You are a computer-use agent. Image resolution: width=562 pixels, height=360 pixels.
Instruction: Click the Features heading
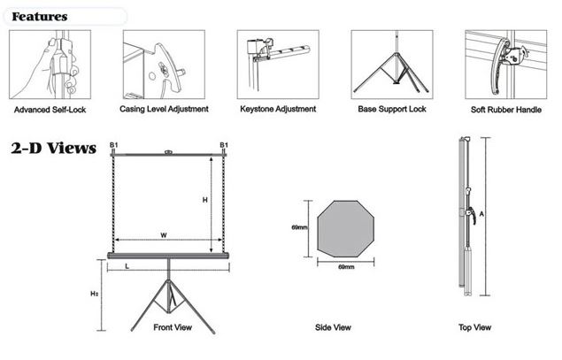[x=40, y=16]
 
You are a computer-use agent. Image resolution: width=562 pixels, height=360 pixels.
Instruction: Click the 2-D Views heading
[x=52, y=149]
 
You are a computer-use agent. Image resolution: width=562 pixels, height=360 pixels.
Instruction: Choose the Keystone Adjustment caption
[x=277, y=110]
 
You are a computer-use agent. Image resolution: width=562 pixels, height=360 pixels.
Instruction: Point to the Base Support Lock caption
[x=393, y=110]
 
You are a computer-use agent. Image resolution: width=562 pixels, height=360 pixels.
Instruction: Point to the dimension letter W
[x=164, y=235]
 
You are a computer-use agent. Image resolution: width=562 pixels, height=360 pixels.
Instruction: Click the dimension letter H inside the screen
[x=204, y=201]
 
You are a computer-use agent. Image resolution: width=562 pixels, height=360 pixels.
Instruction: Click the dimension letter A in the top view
[x=481, y=213]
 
